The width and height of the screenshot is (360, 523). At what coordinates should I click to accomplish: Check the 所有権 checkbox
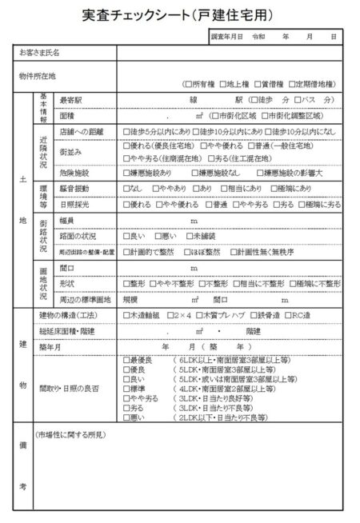coord(186,83)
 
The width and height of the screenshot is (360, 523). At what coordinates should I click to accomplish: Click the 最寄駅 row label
coord(73,101)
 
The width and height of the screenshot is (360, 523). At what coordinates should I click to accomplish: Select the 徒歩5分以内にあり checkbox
coord(126,131)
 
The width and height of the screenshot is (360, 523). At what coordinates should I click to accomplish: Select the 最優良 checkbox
coord(126,361)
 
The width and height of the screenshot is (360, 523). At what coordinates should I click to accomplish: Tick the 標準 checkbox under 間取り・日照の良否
coord(126,389)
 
